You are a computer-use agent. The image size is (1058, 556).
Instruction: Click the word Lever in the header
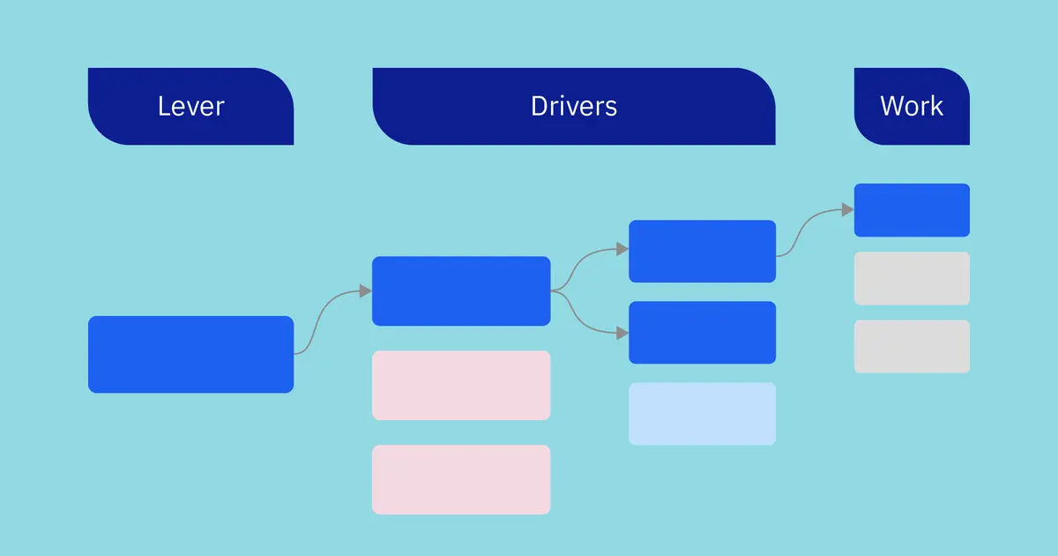tap(190, 107)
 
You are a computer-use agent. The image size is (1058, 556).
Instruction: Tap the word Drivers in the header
tap(574, 107)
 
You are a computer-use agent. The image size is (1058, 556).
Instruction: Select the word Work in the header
tap(912, 107)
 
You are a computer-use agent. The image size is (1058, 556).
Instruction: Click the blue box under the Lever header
tap(190, 354)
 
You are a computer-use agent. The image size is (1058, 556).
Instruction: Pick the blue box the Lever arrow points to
tap(461, 291)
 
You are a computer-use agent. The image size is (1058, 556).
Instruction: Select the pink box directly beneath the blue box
tap(461, 385)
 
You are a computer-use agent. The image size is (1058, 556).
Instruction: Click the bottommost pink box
tap(461, 479)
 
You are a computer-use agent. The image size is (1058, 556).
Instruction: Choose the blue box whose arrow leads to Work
tap(702, 252)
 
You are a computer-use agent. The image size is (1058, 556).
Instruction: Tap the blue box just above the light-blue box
tap(702, 333)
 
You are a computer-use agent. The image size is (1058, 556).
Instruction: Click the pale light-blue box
tap(702, 413)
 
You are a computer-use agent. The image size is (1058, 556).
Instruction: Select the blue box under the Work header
tap(912, 210)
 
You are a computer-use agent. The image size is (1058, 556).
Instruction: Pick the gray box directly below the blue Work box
tap(912, 278)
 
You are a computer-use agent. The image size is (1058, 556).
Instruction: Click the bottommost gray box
tap(912, 346)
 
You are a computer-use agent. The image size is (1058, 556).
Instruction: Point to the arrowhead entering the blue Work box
tap(847, 210)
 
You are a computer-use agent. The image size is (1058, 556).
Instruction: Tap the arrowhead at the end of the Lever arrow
tap(366, 291)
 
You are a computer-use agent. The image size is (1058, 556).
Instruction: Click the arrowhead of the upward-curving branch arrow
tap(622, 250)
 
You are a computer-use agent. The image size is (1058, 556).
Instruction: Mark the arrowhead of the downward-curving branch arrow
tap(622, 333)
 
